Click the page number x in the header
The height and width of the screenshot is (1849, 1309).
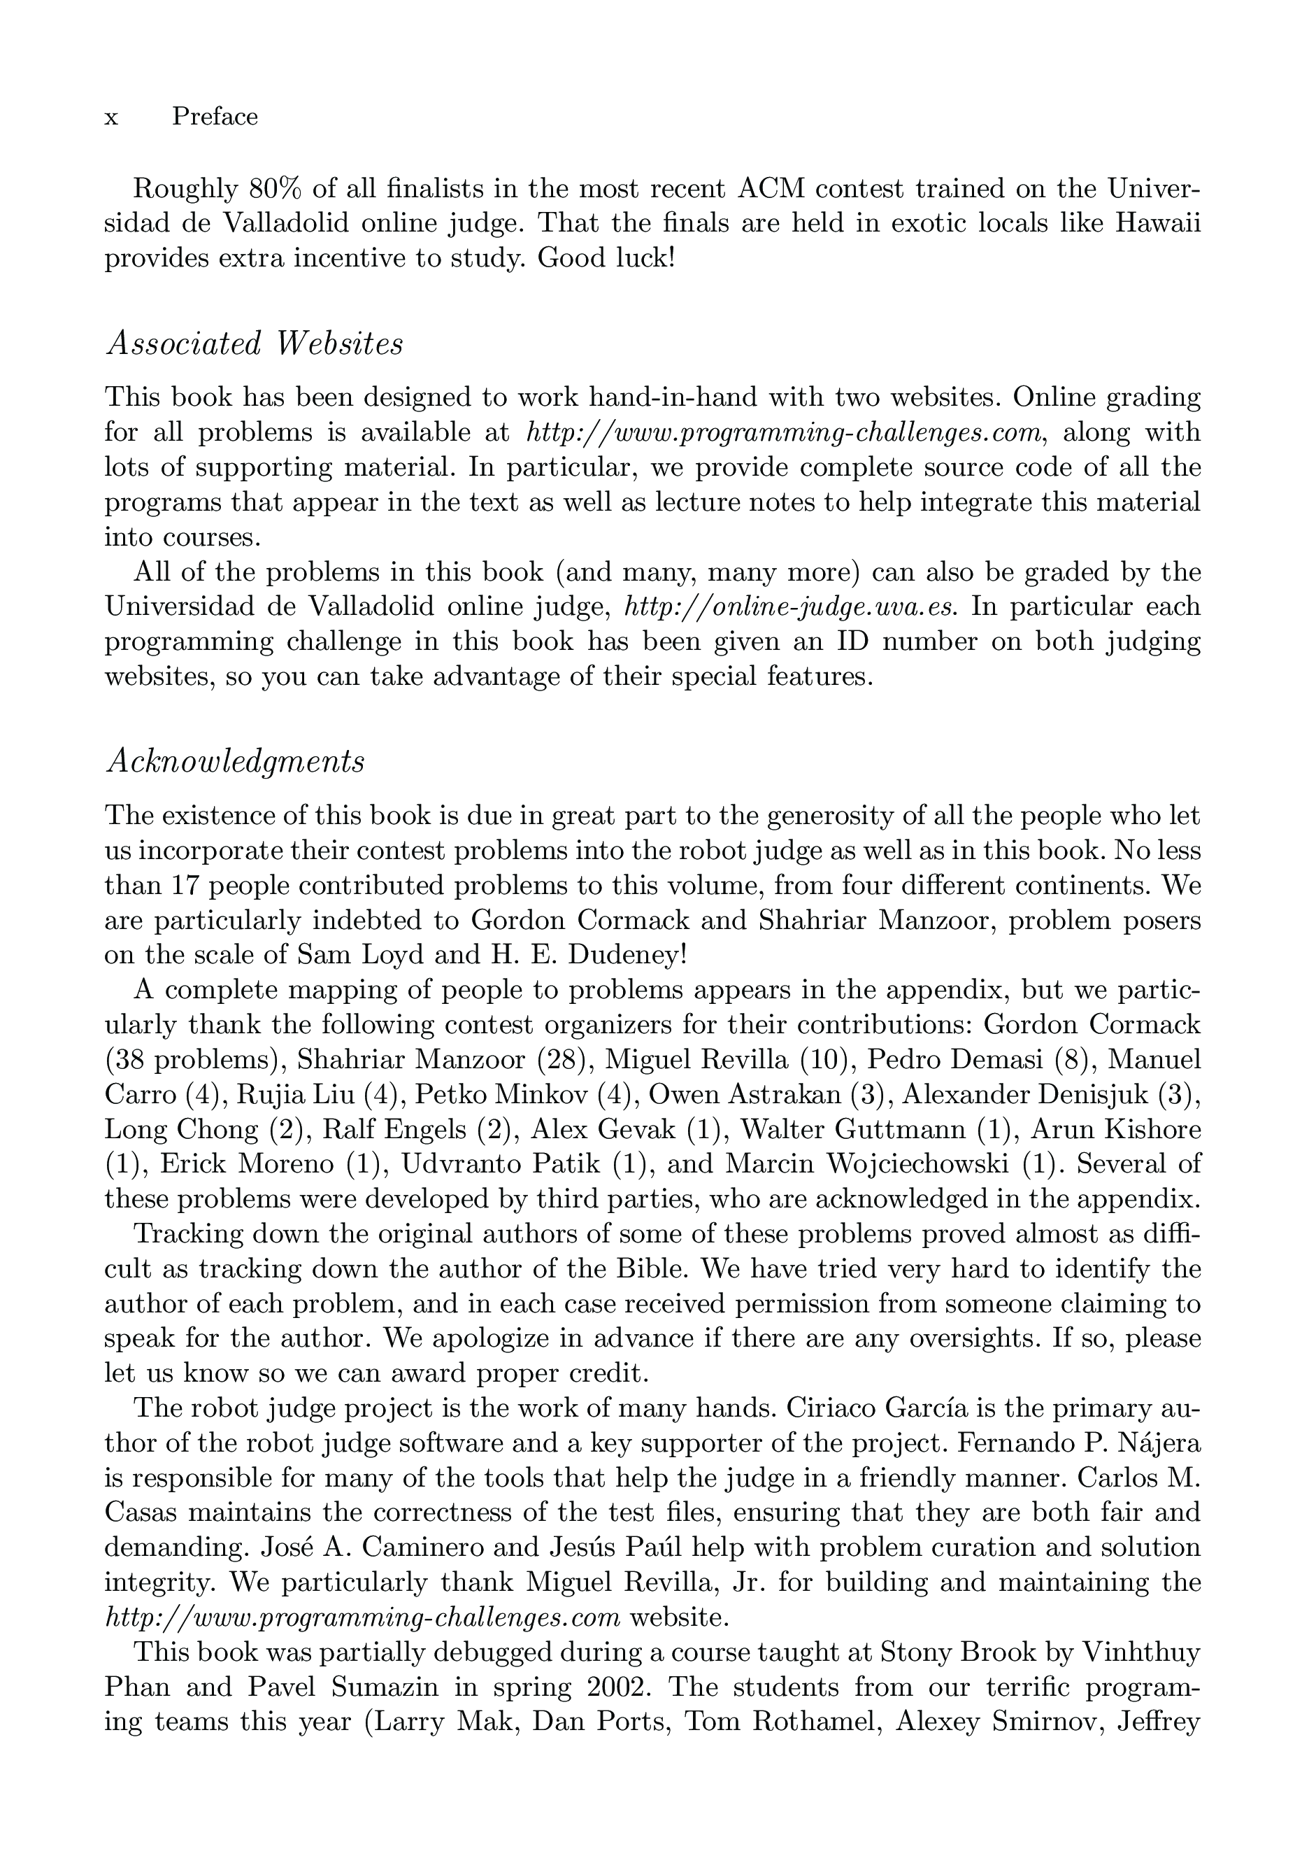[x=111, y=118]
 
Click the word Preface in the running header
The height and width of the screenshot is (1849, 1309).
[x=215, y=117]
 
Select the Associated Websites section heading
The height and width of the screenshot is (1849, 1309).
[x=254, y=343]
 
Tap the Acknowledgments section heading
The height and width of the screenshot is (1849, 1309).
[x=234, y=760]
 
